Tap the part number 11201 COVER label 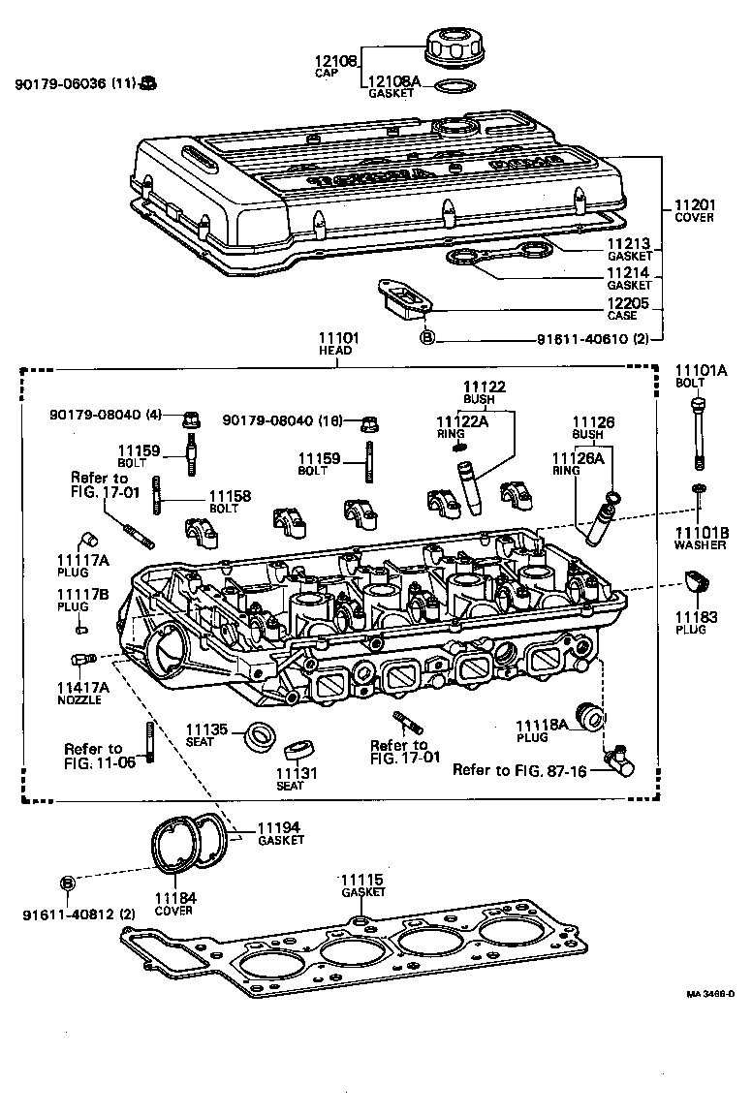[x=694, y=210]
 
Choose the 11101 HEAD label [x=338, y=344]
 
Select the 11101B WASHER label [x=701, y=538]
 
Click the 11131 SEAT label [x=291, y=778]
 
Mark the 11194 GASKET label [x=280, y=833]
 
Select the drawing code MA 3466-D [x=711, y=994]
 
